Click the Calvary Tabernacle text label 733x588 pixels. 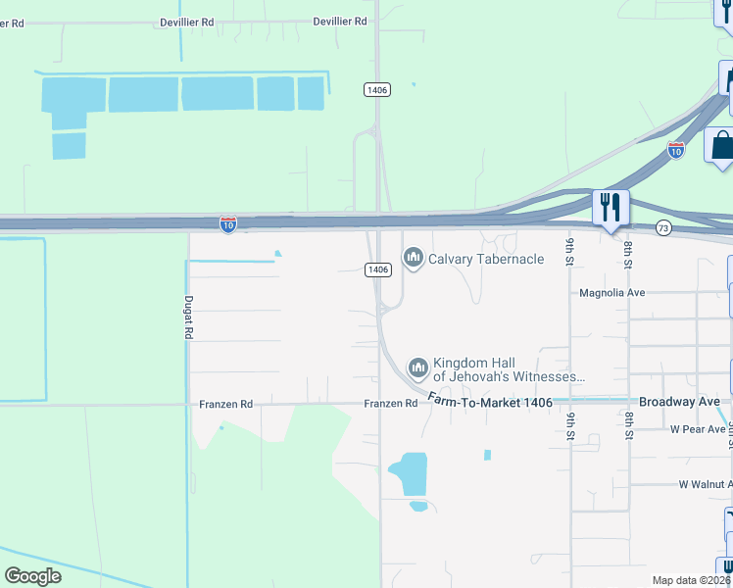pyautogui.click(x=485, y=259)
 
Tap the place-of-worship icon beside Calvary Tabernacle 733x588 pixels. pyautogui.click(x=413, y=259)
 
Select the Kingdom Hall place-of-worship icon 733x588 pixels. pyautogui.click(x=418, y=368)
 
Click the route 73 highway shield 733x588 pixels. pyautogui.click(x=663, y=227)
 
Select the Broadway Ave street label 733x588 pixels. pyautogui.click(x=679, y=402)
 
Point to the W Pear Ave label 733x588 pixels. pyautogui.click(x=698, y=429)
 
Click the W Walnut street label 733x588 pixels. pyautogui.click(x=705, y=484)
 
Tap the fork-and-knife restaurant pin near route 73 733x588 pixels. pyautogui.click(x=610, y=208)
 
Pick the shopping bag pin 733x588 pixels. pyautogui.click(x=722, y=146)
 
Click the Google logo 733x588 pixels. pyautogui.click(x=33, y=575)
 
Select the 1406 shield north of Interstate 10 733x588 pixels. pyautogui.click(x=377, y=89)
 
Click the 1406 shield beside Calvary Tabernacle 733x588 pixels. pyautogui.click(x=379, y=269)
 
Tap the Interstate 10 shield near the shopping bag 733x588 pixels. pyautogui.click(x=675, y=150)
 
